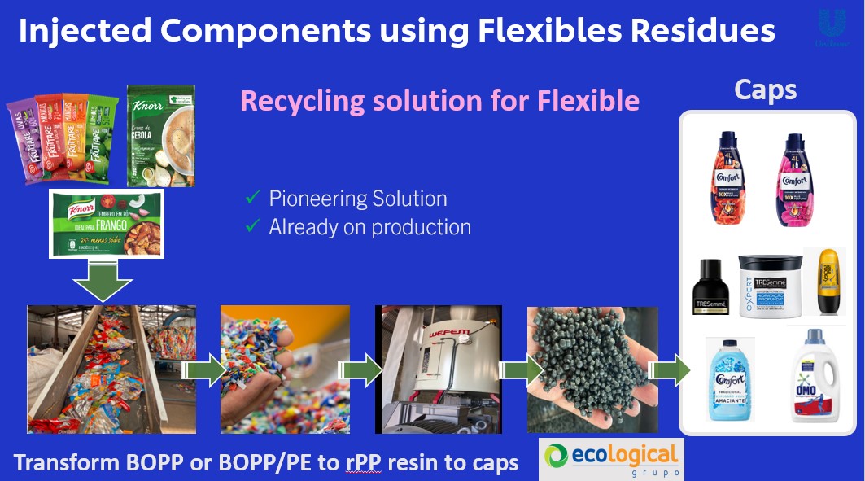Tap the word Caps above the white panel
(766, 90)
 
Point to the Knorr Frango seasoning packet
(107, 224)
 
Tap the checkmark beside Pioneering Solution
(253, 199)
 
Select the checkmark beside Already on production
(253, 227)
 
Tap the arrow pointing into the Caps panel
(668, 370)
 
